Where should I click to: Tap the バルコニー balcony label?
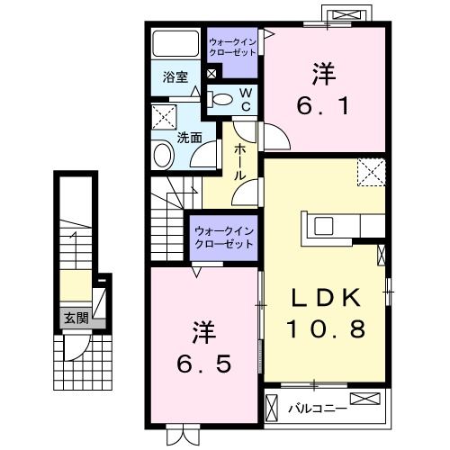click(318, 409)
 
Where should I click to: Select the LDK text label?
click(327, 297)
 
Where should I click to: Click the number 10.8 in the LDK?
click(327, 328)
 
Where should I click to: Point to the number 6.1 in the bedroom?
click(323, 106)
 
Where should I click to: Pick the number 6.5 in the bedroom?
click(204, 364)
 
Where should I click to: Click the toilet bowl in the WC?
click(220, 99)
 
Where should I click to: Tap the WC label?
click(246, 100)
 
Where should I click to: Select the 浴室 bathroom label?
click(175, 77)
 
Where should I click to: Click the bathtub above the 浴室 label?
click(175, 43)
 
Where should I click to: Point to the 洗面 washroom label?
click(189, 138)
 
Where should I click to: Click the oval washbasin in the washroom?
click(164, 157)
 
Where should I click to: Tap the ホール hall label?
click(239, 162)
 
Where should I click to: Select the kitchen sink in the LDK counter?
click(324, 225)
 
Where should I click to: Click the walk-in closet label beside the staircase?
click(224, 238)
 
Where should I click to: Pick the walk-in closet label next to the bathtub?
click(232, 47)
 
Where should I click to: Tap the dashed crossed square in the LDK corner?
click(371, 173)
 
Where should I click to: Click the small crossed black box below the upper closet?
click(211, 74)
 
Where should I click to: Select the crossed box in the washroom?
click(164, 117)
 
